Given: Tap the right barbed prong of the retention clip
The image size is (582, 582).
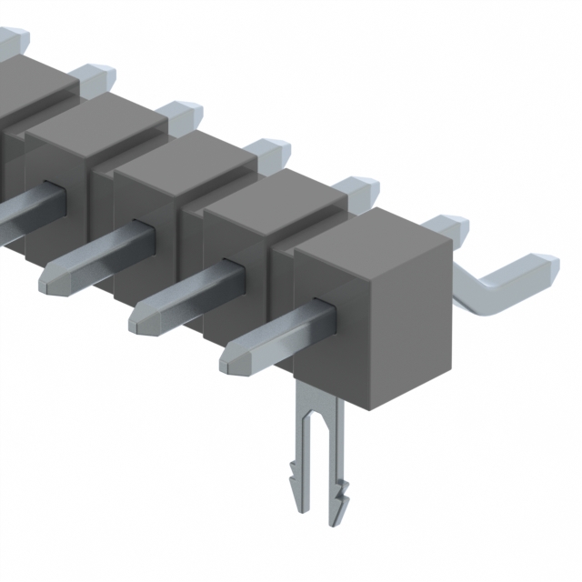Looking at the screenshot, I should (x=336, y=491).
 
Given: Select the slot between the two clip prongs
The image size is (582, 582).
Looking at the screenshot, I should (x=317, y=446).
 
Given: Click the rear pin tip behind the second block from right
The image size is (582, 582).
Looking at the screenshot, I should (x=359, y=186).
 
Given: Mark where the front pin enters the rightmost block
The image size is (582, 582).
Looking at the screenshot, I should (x=323, y=309).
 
